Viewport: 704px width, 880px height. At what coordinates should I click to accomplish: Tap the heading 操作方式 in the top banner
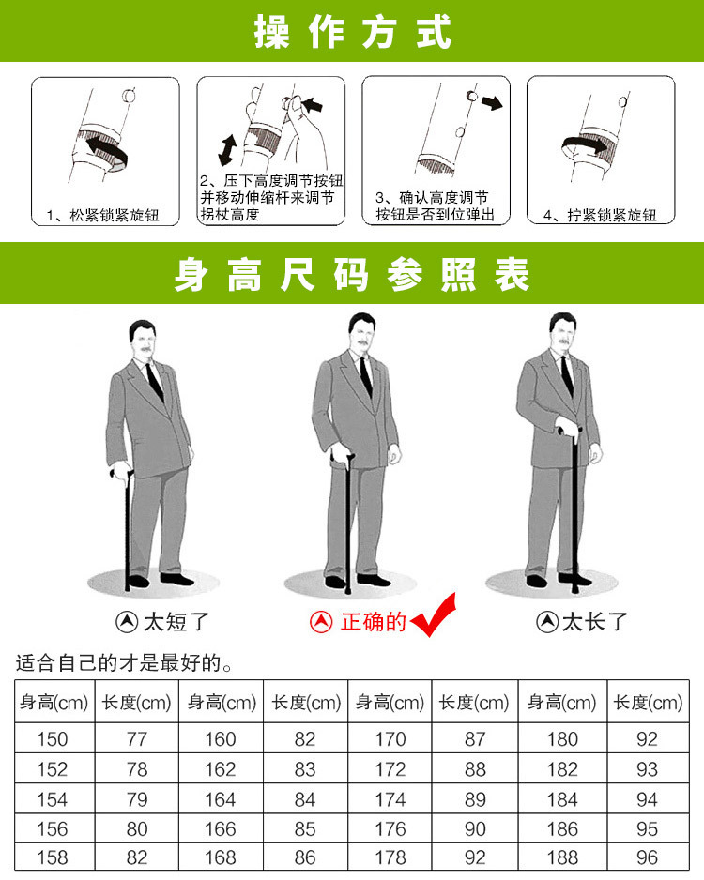coord(352,31)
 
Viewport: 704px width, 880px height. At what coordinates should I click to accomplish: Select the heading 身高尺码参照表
coord(352,274)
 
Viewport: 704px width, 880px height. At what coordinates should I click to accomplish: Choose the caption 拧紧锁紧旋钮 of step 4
coord(604,216)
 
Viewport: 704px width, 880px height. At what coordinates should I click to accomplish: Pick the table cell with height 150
coord(53,739)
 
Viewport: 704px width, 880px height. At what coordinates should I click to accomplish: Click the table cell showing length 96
coord(648,857)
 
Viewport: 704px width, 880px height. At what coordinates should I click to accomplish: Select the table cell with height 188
coord(561,857)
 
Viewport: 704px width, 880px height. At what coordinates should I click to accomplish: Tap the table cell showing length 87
coord(475,739)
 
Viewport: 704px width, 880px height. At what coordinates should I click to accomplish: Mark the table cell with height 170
coord(390,739)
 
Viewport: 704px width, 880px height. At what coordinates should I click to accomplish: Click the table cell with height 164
coord(220,798)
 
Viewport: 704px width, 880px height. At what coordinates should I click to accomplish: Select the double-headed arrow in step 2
coord(227,149)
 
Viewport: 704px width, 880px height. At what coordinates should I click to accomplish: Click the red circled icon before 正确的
coord(322,621)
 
